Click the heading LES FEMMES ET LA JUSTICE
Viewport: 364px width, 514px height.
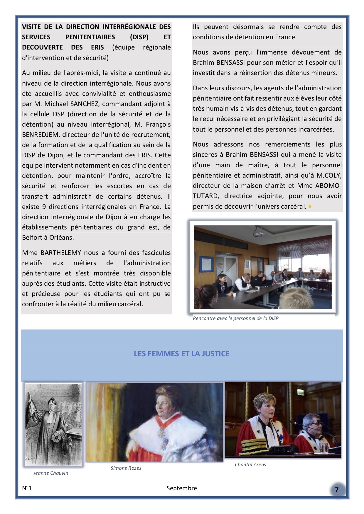181,354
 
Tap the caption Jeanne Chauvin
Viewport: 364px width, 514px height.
51,473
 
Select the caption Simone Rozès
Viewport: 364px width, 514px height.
126,468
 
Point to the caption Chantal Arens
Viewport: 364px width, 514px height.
250,464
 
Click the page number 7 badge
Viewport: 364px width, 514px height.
337,490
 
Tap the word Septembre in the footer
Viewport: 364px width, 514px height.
182,488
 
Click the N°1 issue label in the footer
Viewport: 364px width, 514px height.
27,488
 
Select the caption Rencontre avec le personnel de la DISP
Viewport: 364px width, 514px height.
235,318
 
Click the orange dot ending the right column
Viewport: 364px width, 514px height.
310,207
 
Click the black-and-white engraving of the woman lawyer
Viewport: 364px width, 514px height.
53,424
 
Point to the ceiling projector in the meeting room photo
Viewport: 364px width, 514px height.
260,233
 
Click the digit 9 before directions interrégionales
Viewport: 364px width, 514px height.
44,207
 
